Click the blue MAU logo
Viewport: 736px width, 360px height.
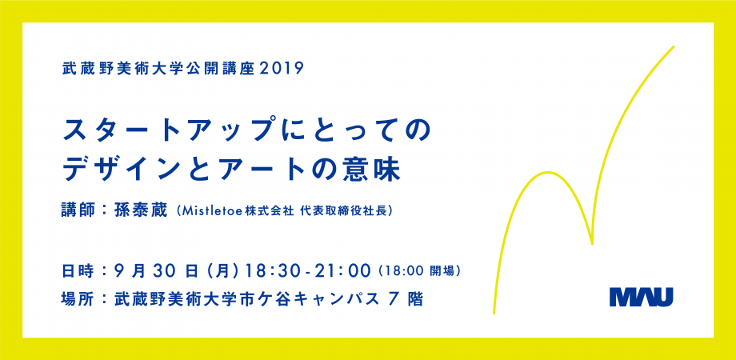(x=641, y=297)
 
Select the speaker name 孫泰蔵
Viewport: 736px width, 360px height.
(x=140, y=210)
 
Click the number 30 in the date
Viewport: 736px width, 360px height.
(x=162, y=271)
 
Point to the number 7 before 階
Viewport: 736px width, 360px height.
(x=394, y=299)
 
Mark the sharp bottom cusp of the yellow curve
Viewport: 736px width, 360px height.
(x=592, y=243)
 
